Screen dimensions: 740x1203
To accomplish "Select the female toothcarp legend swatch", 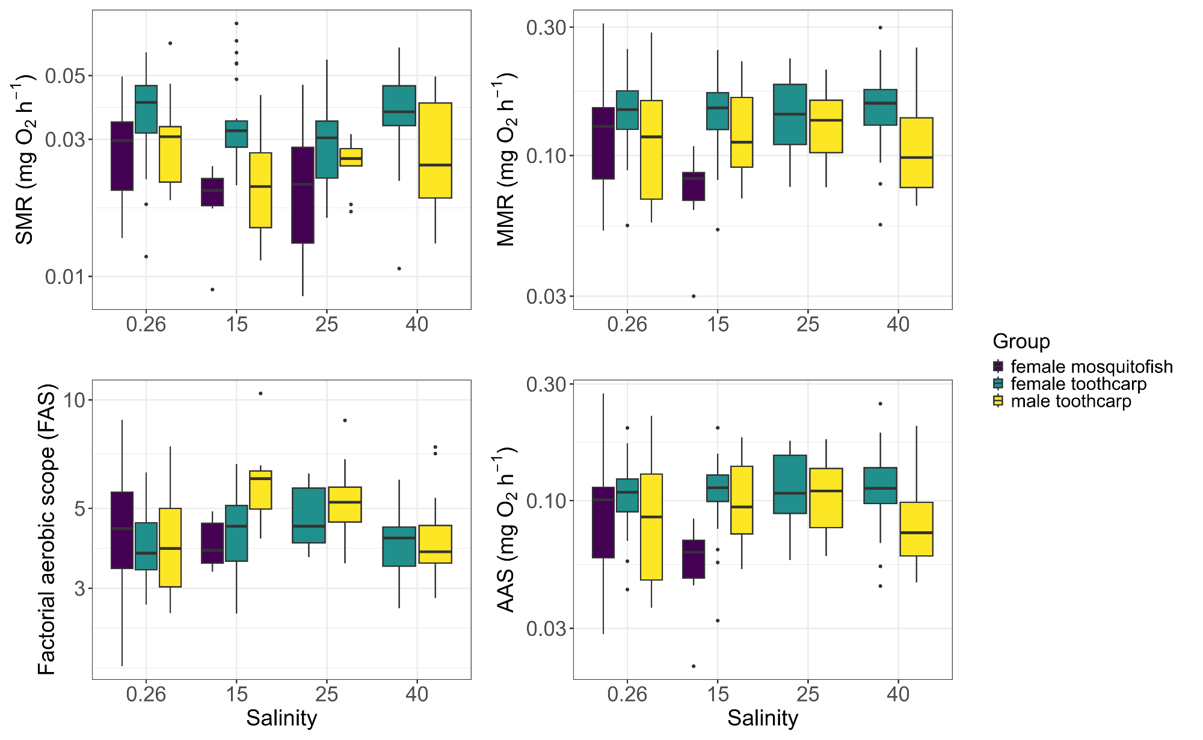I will (x=998, y=384).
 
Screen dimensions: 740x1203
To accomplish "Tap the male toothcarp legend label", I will (x=1071, y=401).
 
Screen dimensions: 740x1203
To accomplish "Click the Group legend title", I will (x=1021, y=341).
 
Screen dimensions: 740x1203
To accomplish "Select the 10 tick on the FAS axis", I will (x=75, y=400).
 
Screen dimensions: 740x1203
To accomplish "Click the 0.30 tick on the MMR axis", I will (x=546, y=27).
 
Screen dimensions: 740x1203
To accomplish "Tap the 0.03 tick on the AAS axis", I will (x=546, y=629).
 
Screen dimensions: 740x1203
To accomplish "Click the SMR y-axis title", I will (x=24, y=159).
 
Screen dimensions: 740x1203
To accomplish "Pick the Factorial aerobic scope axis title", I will (x=46, y=529).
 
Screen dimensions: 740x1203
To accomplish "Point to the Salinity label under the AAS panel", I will (x=762, y=718).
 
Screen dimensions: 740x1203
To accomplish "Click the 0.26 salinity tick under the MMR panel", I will (x=627, y=325).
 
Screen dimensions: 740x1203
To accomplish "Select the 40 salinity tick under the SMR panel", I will (x=417, y=325).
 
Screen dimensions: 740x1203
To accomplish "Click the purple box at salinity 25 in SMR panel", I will (x=303, y=195).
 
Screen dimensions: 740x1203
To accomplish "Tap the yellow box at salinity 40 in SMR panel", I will (x=435, y=150).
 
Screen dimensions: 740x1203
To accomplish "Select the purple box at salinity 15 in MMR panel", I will (x=694, y=187).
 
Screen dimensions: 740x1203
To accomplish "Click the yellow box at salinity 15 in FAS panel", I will (x=260, y=490).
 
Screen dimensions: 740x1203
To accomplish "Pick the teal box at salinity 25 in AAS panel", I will (x=790, y=484).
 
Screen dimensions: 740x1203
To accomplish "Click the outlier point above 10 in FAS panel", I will (x=260, y=393).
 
